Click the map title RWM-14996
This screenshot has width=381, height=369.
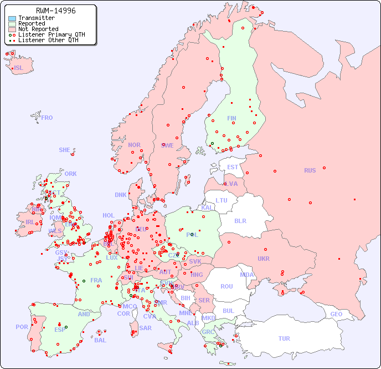click(55, 11)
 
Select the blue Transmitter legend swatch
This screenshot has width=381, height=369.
click(12, 18)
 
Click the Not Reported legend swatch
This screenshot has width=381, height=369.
click(12, 29)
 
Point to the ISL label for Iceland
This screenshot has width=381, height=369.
click(19, 68)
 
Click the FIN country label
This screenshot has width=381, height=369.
click(231, 118)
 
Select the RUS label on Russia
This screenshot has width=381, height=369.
click(310, 170)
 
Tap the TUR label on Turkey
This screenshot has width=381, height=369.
click(284, 338)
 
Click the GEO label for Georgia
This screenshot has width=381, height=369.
click(336, 314)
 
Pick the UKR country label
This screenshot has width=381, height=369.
click(264, 259)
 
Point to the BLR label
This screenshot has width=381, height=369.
click(240, 220)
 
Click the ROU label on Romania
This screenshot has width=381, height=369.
click(226, 286)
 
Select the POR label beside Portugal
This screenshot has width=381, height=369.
click(22, 327)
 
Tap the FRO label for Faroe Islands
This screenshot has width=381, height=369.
click(47, 118)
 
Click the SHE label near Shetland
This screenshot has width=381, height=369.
click(65, 150)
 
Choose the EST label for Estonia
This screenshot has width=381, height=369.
click(233, 167)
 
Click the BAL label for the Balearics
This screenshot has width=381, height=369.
click(100, 340)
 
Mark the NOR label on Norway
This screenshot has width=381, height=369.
click(134, 145)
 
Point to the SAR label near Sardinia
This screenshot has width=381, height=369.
click(146, 328)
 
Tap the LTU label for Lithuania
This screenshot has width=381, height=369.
click(222, 200)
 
